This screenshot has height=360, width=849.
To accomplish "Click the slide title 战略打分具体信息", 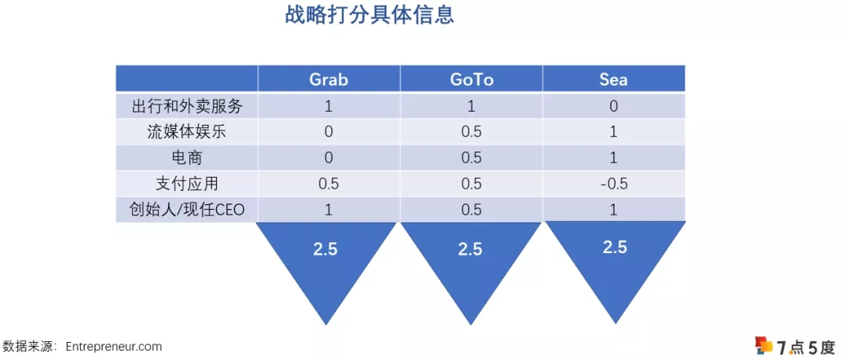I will coord(369,16).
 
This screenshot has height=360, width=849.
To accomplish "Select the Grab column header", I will coord(329,79).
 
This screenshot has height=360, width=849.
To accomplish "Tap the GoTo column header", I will coord(471,79).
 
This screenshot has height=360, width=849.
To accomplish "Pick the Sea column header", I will coord(613,79).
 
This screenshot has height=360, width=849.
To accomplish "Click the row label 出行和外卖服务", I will coord(186,106).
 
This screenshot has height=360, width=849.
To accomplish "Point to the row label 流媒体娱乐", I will coord(186,132).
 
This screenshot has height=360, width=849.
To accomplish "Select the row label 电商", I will coord(186,158).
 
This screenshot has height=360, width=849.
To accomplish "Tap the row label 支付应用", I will coord(186,184).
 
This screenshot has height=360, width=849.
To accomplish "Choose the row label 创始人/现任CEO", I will coord(186,210).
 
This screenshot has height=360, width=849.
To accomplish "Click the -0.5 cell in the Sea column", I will coord(613,184).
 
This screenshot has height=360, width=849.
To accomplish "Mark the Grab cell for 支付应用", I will coord(329,184).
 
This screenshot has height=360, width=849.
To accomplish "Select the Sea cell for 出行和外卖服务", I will coord(613,106).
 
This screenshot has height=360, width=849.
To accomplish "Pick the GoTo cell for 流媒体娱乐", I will coord(471,132).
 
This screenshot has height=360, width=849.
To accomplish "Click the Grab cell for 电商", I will coord(329,158).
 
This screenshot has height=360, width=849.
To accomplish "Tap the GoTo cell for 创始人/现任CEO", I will coord(471,210).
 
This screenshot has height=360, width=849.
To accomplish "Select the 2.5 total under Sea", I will coord(615,247).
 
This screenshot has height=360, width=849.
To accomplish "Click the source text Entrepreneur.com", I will coord(114,346).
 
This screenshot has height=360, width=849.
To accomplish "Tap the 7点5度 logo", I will coord(794,346).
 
